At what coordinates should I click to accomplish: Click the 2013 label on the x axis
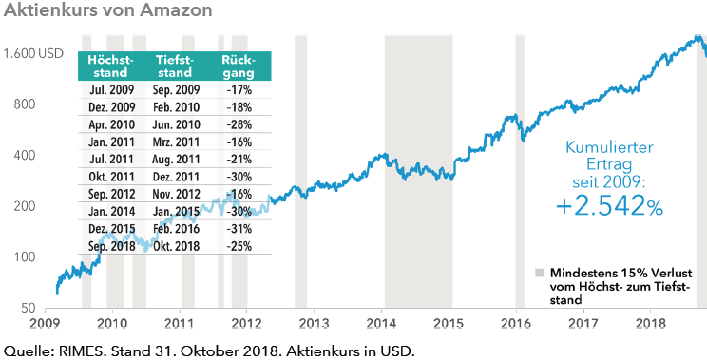(314, 323)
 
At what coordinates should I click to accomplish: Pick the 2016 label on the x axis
(516, 323)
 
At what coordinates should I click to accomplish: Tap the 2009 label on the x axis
(46, 323)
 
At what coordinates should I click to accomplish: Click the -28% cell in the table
(239, 124)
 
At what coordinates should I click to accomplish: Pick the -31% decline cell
(239, 228)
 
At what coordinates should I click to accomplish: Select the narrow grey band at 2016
(520, 171)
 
